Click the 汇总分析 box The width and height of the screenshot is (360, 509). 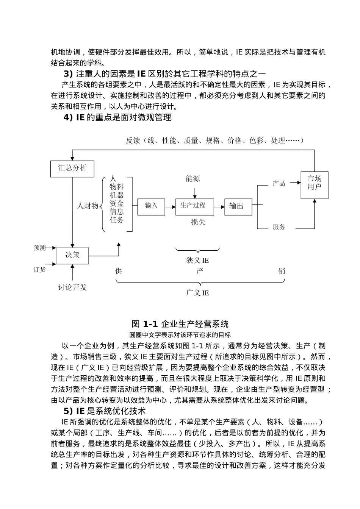point(72,168)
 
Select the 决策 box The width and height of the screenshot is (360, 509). point(72,256)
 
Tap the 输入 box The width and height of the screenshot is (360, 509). point(151,206)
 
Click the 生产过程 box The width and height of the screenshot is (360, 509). point(194,206)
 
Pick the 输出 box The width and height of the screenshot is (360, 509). point(238,207)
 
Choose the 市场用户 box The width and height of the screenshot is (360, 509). point(314,185)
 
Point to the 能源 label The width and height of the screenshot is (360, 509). point(193,179)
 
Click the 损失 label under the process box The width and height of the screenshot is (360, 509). point(198,222)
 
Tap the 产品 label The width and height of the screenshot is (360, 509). point(279,183)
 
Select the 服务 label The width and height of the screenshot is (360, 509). point(279,227)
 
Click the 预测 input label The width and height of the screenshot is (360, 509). point(40,248)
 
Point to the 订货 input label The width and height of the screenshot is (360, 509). point(40,270)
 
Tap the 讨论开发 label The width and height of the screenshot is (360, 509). point(72,287)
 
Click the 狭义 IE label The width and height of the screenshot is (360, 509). point(197,261)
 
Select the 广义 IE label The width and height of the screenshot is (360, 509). point(197,293)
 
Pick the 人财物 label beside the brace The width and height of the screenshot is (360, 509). point(88,206)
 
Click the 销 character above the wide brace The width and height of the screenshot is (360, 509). point(282,271)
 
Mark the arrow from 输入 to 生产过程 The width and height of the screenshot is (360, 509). point(170,206)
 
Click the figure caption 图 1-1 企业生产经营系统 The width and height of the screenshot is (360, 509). point(180,324)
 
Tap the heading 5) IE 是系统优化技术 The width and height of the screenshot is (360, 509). point(105,411)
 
